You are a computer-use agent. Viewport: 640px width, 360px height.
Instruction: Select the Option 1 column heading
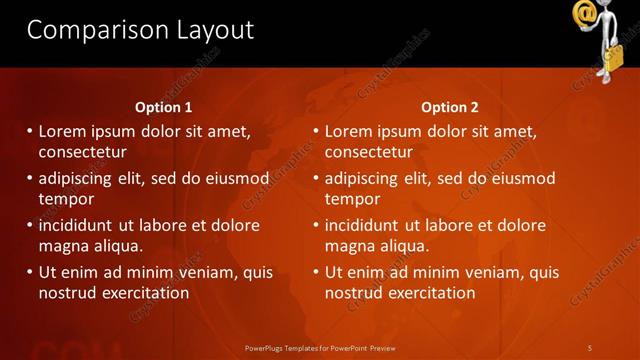[x=164, y=107]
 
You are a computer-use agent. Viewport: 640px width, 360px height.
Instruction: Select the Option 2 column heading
[x=450, y=107]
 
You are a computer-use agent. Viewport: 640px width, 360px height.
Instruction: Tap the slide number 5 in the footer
[x=589, y=347]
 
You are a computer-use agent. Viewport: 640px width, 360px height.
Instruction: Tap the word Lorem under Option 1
[x=62, y=131]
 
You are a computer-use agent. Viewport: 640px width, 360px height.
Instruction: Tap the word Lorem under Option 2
[x=348, y=131]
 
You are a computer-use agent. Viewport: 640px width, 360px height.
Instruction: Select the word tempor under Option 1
[x=63, y=199]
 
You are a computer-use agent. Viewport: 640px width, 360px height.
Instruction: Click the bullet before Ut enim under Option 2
[x=316, y=272]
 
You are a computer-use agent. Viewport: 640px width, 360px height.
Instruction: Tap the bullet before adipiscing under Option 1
[x=30, y=179]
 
